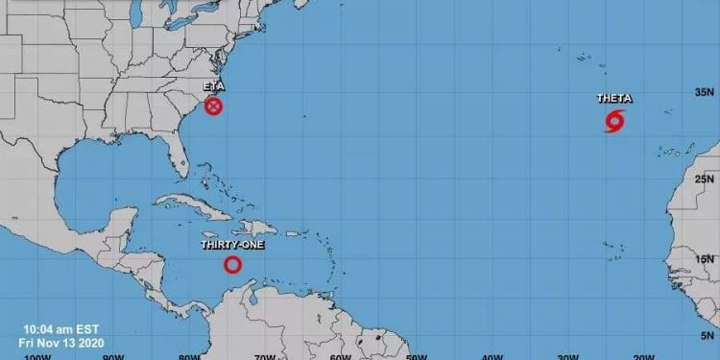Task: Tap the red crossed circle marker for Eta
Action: pyautogui.click(x=214, y=106)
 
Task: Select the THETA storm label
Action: pyautogui.click(x=613, y=99)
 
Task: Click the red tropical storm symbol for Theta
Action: pyautogui.click(x=614, y=122)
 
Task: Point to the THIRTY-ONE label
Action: pyautogui.click(x=231, y=245)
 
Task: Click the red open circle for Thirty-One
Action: pyautogui.click(x=232, y=264)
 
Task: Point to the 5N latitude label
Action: pyautogui.click(x=708, y=336)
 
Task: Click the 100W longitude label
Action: pyautogui.click(x=37, y=356)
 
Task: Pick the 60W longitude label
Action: pyautogui.click(x=339, y=356)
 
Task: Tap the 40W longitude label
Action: pyautogui.click(x=492, y=356)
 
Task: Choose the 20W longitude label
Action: pyautogui.click(x=642, y=356)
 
